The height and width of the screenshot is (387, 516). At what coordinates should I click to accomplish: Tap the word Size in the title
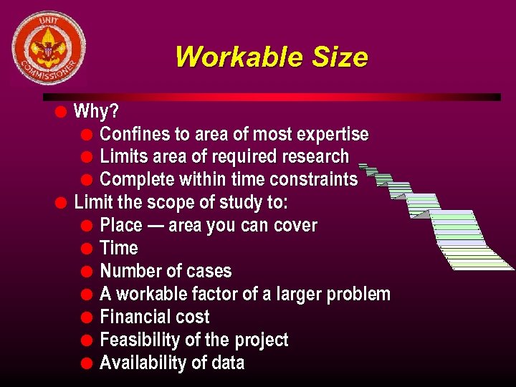(340, 57)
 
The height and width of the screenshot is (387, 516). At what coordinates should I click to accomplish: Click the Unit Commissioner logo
(49, 47)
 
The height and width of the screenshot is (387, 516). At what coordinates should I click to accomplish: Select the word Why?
(97, 111)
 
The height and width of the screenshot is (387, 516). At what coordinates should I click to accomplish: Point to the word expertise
(337, 134)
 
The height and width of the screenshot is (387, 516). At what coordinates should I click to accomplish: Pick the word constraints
(317, 180)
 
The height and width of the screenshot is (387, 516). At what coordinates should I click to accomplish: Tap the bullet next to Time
(86, 249)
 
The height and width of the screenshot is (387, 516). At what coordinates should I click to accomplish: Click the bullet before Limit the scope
(61, 203)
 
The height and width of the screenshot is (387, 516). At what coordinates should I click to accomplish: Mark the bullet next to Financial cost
(86, 317)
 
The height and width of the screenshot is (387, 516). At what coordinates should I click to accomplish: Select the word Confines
(135, 134)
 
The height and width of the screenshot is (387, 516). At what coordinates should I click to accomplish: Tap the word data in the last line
(226, 363)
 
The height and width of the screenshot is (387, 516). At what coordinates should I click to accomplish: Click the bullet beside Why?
(61, 111)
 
